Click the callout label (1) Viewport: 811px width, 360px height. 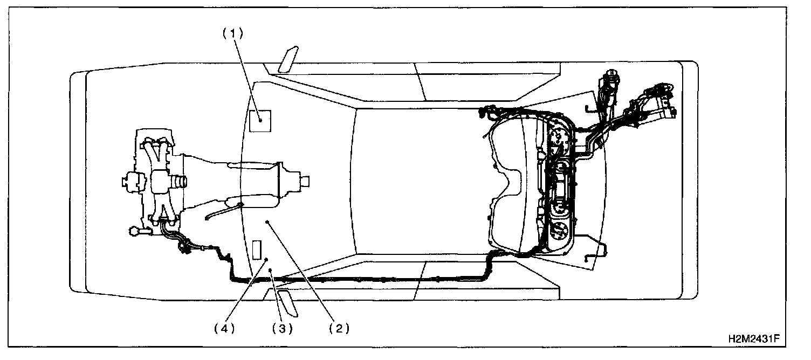point(233,33)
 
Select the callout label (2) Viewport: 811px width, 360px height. point(339,328)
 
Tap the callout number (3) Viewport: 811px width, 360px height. point(281,328)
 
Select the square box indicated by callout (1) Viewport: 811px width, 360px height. point(260,120)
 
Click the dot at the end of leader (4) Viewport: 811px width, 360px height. point(266,259)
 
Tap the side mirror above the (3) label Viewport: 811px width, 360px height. point(288,303)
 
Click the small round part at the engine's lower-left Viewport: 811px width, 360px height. point(133,232)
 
